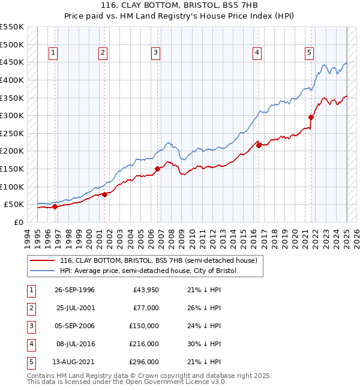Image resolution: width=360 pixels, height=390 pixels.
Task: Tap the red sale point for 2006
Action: coord(157,169)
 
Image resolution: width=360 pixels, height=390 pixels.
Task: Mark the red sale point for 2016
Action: coord(259,145)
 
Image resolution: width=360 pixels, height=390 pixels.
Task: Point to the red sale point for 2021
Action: coord(311,117)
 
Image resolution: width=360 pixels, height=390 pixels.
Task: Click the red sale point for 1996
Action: coord(55,206)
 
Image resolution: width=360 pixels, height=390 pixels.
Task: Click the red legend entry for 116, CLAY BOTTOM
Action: coord(158,260)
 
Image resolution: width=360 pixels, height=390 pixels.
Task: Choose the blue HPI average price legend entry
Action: coord(148,271)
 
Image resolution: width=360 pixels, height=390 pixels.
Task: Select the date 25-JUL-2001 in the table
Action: coord(75,308)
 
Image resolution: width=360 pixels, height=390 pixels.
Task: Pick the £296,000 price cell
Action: coord(144,362)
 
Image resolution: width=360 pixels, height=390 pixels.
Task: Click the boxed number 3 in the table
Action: coord(30,326)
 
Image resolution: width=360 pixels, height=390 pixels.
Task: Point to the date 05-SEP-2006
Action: coord(75,326)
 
